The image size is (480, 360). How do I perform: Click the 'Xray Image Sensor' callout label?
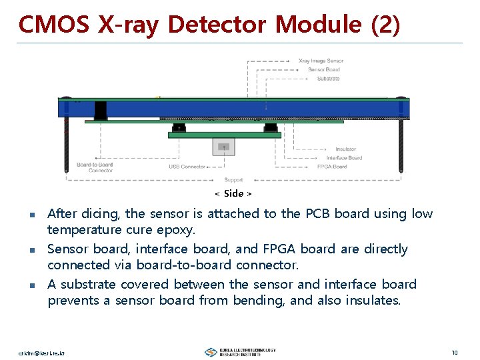pos(321,61)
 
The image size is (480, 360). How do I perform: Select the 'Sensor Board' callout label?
pos(324,69)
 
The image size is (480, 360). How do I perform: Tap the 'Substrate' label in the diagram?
pos(328,78)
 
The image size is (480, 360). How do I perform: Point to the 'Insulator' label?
pos(345,149)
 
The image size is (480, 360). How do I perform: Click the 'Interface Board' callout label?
pos(344,158)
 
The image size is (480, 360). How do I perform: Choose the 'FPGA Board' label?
pos(331,167)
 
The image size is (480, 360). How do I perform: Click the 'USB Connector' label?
pos(187,167)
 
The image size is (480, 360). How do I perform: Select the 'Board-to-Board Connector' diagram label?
pos(95,167)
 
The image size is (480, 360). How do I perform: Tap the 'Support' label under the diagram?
pos(233,180)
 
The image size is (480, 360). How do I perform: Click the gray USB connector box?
pos(224,147)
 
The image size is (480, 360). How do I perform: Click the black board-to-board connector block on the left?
pos(101,110)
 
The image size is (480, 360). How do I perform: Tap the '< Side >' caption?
pos(233,193)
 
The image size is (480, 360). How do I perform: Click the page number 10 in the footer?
pos(454,352)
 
